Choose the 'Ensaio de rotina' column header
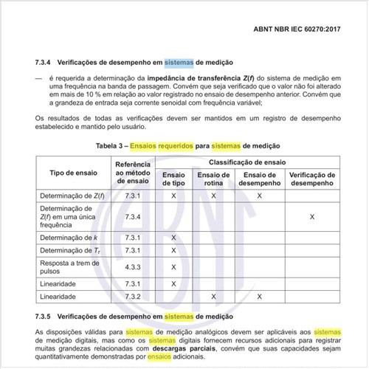click(214, 178)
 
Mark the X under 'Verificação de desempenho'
click(312, 216)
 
